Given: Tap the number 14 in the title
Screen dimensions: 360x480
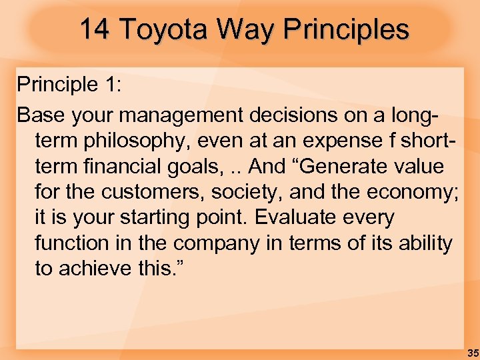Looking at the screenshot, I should pyautogui.click(x=95, y=29).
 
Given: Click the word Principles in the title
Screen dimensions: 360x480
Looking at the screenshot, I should pyautogui.click(x=346, y=29).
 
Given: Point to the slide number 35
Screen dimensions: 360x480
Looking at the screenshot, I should pyautogui.click(x=472, y=353).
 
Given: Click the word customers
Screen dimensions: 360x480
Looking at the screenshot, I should pyautogui.click(x=151, y=192).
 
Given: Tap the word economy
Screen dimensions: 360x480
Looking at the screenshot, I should pyautogui.click(x=403, y=192).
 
